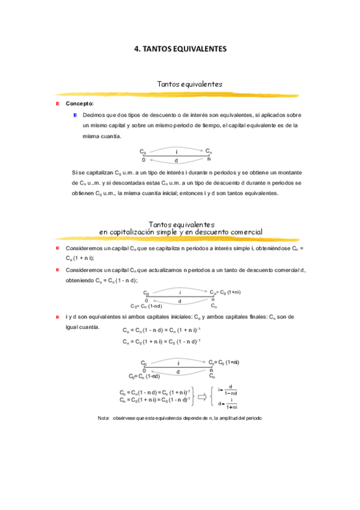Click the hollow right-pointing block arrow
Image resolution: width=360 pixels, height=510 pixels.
pyautogui.click(x=203, y=396)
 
